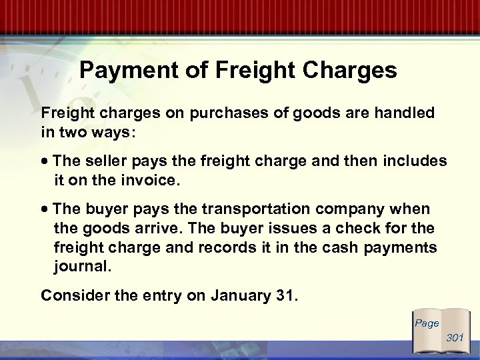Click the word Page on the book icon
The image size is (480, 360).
point(427,323)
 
